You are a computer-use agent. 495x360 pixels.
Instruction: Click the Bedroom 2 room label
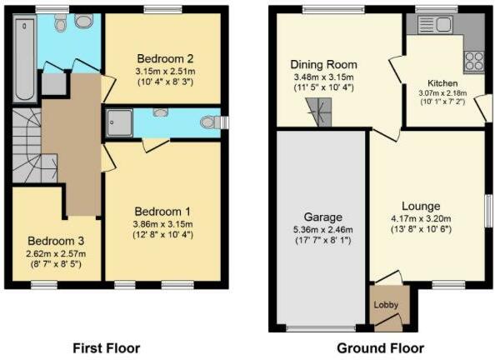[165, 58]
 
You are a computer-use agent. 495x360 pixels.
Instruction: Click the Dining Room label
[323, 64]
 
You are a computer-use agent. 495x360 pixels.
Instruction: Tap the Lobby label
[385, 305]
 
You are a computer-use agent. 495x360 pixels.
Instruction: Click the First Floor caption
[107, 347]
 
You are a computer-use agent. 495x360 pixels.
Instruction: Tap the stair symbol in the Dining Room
[318, 110]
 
